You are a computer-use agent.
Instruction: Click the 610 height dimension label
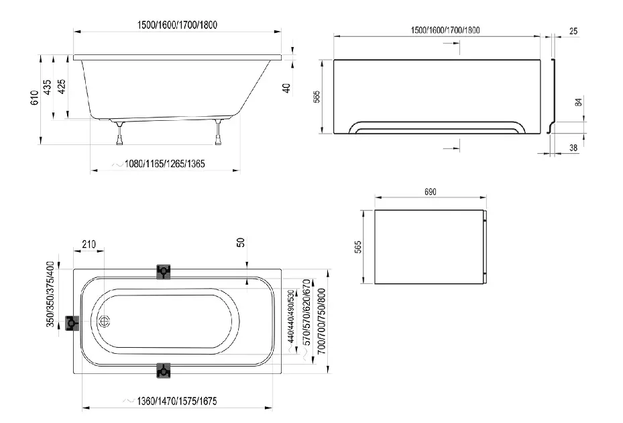pyautogui.click(x=35, y=97)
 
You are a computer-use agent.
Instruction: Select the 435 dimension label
pyautogui.click(x=48, y=87)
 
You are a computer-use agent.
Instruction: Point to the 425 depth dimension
pyautogui.click(x=62, y=87)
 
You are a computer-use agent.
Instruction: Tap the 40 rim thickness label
pyautogui.click(x=286, y=88)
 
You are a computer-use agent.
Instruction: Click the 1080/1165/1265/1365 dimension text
pyautogui.click(x=164, y=164)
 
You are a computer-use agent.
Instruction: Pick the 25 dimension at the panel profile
pyautogui.click(x=573, y=31)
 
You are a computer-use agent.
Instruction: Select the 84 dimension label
pyautogui.click(x=579, y=102)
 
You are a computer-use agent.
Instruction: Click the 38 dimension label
pyautogui.click(x=573, y=148)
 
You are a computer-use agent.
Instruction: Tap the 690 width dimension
pyautogui.click(x=431, y=192)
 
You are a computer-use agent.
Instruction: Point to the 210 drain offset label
pyautogui.click(x=89, y=244)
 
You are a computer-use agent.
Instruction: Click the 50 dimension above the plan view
pyautogui.click(x=241, y=242)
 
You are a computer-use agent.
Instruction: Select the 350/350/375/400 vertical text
pyautogui.click(x=50, y=295)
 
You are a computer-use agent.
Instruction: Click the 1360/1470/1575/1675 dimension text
pyautogui.click(x=177, y=401)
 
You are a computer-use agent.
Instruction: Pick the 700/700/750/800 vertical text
pyautogui.click(x=321, y=322)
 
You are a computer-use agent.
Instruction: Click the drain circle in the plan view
pyautogui.click(x=104, y=321)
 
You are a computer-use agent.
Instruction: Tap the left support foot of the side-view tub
pyautogui.click(x=119, y=133)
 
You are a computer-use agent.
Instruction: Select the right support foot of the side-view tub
pyautogui.click(x=218, y=132)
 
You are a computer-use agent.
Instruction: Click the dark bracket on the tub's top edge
pyautogui.click(x=164, y=272)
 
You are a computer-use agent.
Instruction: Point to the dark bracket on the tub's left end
pyautogui.click(x=72, y=323)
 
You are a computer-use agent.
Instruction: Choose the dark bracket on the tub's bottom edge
pyautogui.click(x=164, y=371)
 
